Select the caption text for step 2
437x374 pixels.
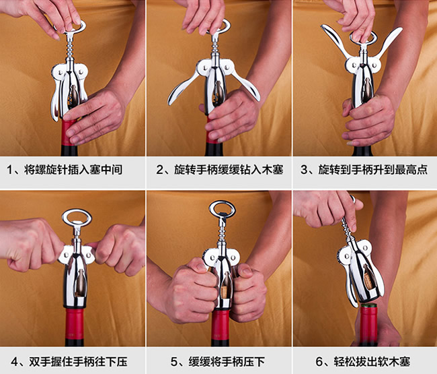click(219, 170)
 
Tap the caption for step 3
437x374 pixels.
click(364, 170)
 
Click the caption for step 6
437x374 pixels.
click(365, 361)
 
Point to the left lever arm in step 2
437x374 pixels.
click(179, 90)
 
